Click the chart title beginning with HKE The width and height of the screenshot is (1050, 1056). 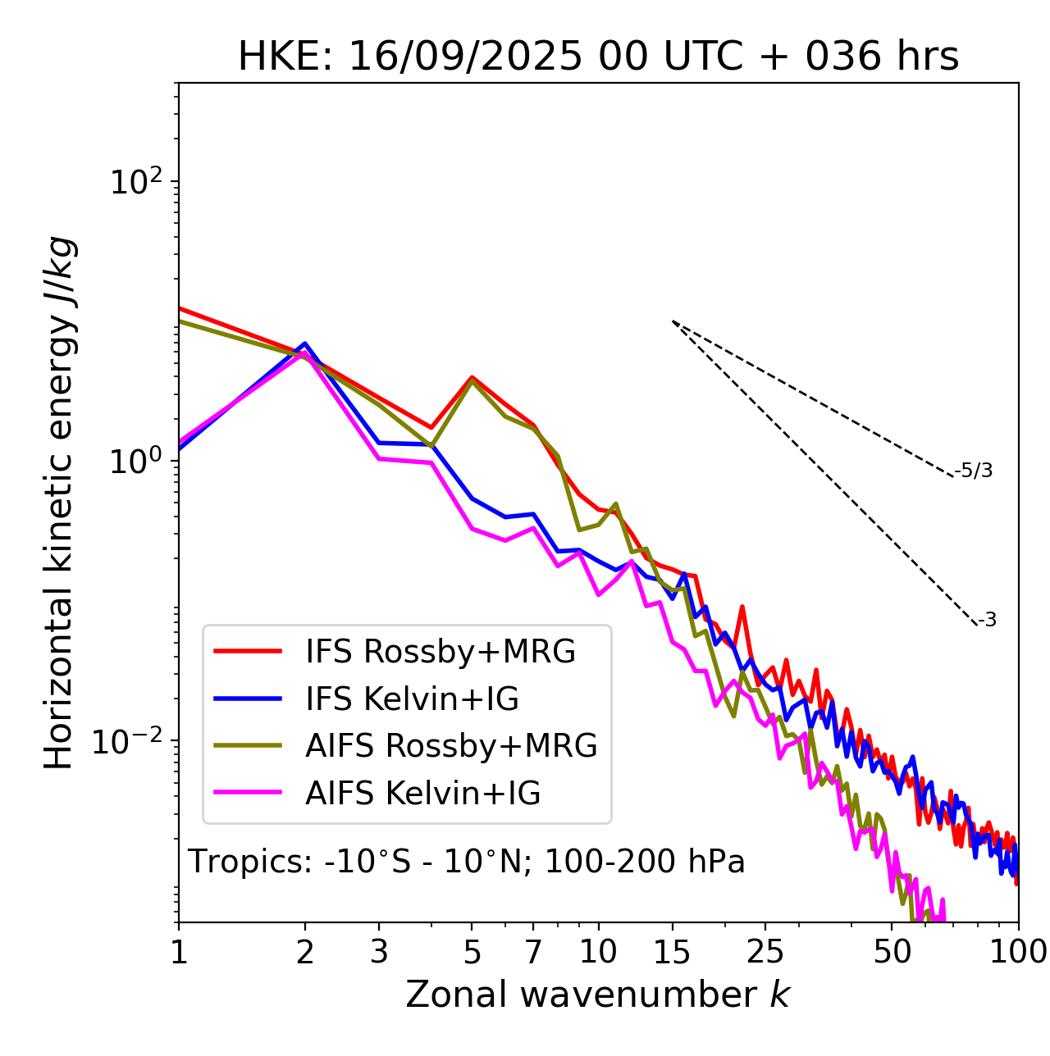click(598, 57)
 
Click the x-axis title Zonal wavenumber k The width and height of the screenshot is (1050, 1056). click(597, 994)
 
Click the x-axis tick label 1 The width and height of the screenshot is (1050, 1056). click(179, 952)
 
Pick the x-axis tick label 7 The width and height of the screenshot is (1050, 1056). click(533, 952)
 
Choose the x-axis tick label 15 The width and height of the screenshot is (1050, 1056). click(672, 952)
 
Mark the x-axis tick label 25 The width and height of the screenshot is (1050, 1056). click(765, 952)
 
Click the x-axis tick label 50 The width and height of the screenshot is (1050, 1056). click(892, 952)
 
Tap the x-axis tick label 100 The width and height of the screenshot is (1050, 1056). click(1017, 952)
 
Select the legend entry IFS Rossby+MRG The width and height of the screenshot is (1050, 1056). click(440, 651)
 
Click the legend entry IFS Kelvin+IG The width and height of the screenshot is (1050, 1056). click(412, 699)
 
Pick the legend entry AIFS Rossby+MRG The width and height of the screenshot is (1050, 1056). click(451, 745)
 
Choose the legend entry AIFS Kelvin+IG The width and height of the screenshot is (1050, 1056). click(422, 793)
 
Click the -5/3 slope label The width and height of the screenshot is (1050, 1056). click(975, 471)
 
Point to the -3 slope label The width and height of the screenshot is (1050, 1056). click(987, 620)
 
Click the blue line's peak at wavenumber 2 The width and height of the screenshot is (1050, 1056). click(305, 344)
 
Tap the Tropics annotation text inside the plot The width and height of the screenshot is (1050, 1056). click(466, 862)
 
